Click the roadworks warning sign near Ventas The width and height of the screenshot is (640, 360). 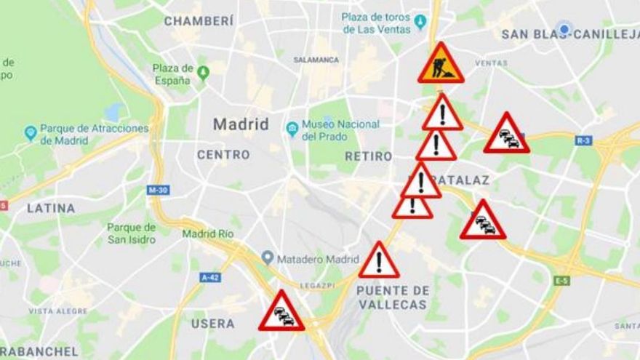441,65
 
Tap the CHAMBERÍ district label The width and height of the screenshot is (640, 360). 199,21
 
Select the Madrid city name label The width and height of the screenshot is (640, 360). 241,124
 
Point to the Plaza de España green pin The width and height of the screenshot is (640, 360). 203,73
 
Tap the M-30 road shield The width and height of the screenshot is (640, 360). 158,190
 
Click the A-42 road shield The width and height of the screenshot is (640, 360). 210,277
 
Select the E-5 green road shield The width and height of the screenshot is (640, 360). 561,280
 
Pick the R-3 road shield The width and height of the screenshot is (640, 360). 583,140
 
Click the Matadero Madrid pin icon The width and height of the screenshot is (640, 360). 268,258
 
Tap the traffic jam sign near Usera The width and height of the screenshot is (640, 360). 281,313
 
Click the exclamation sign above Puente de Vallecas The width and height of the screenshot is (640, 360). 378,262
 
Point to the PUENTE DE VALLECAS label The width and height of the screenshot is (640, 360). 393,297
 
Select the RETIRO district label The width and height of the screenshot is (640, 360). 368,156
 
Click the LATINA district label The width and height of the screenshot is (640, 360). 51,208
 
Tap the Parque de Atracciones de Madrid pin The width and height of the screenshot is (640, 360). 31,133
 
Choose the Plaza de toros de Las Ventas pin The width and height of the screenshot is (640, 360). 420,20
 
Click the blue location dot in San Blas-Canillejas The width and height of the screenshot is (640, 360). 562,29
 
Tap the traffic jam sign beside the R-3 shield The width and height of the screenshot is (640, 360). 506,135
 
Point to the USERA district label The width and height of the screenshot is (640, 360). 213,323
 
